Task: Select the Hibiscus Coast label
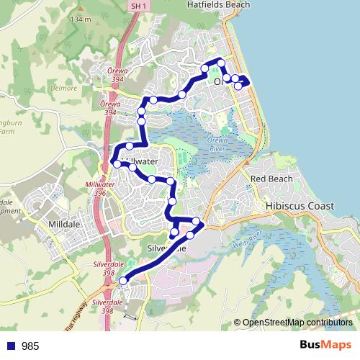tap(300, 206)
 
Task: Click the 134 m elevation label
tap(81, 19)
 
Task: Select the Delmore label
tap(64, 88)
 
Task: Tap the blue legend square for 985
tap(11, 346)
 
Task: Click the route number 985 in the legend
tap(30, 346)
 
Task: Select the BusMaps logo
tap(325, 346)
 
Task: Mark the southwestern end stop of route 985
tap(122, 281)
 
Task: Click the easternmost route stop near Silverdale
tap(197, 221)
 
